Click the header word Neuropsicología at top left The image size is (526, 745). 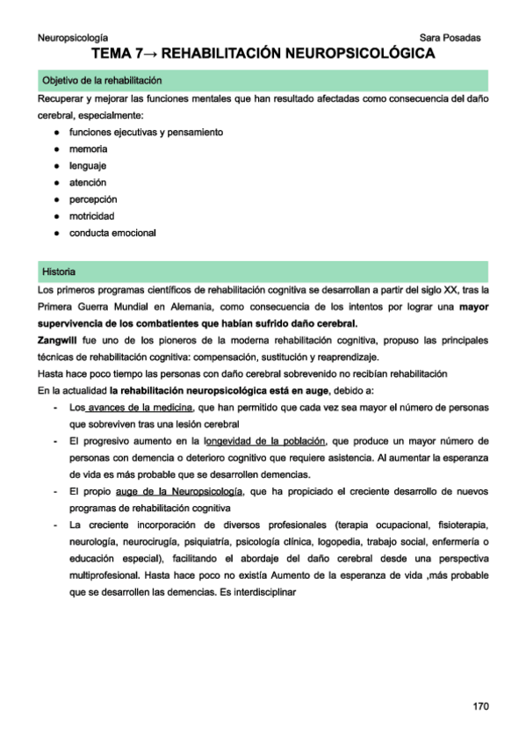click(74, 38)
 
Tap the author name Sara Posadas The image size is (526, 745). click(450, 38)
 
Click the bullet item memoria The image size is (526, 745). click(88, 149)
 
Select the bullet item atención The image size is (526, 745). click(88, 183)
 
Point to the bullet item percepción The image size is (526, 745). click(93, 199)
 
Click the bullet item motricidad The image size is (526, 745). click(92, 216)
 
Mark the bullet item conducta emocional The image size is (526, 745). click(112, 233)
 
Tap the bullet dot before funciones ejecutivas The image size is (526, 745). click(56, 133)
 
